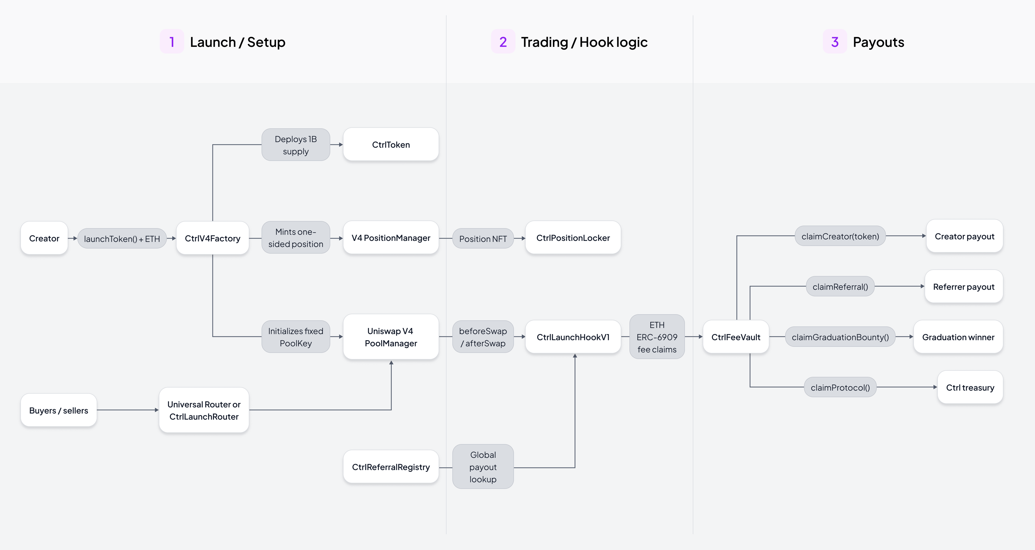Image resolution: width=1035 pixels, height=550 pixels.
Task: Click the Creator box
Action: pos(44,238)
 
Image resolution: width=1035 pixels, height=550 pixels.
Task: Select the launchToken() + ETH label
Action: pos(122,238)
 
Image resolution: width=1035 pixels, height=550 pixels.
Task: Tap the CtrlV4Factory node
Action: pos(212,238)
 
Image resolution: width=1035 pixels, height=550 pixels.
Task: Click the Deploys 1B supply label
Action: pos(296,145)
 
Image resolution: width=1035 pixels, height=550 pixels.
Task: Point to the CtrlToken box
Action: pos(391,144)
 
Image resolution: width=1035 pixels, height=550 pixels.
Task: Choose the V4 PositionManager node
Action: pos(391,238)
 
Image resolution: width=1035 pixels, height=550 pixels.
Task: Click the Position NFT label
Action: pos(483,238)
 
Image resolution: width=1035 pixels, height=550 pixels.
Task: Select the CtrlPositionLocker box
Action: pos(573,238)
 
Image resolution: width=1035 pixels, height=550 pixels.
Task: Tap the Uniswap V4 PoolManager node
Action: pos(391,337)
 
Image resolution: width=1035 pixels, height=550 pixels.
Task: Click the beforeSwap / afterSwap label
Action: pos(483,337)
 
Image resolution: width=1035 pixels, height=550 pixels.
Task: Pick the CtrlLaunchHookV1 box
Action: pos(573,337)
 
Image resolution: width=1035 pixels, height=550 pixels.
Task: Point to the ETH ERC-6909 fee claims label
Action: pos(657,337)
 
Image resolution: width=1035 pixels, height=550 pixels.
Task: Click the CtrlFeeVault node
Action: pos(736,337)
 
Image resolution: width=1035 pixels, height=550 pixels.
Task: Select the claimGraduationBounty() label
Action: pos(840,337)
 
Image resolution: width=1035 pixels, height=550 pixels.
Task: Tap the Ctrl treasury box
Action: pos(970,387)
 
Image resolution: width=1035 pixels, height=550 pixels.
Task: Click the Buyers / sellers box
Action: pos(59,410)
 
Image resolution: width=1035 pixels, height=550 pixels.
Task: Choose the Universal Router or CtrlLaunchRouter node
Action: pos(204,410)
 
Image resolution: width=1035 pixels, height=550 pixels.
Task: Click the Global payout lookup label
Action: pos(483,467)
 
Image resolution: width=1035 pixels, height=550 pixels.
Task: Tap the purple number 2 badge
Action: pos(503,42)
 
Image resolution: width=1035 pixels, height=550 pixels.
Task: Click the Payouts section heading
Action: pos(878,42)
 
